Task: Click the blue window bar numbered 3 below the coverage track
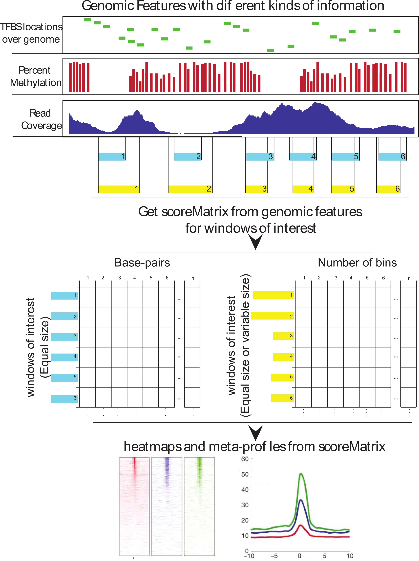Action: pos(260,156)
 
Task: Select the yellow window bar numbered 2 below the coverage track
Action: pos(190,189)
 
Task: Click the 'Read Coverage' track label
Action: pos(41,119)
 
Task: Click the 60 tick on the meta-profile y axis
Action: pos(245,459)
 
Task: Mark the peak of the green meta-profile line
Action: pos(301,473)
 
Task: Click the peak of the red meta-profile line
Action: pos(301,525)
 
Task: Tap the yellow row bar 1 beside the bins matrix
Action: pos(273,295)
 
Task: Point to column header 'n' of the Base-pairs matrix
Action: pos(193,278)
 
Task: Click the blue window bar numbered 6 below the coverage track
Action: pos(392,156)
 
